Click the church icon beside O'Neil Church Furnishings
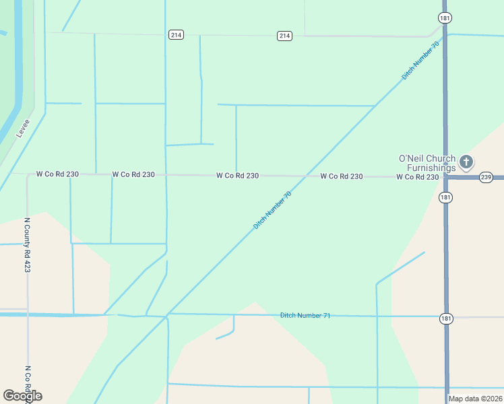tap(466, 162)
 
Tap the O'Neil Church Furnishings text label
tap(427, 163)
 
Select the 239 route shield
tap(486, 177)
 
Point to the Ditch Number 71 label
tap(305, 315)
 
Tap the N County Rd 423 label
tap(28, 244)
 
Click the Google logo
tap(22, 395)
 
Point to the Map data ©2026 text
tap(475, 399)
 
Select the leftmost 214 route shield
tap(175, 35)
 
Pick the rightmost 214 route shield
tap(284, 36)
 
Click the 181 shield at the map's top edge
tap(444, 17)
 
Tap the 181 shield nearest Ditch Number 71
tap(445, 318)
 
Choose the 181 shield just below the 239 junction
tap(445, 197)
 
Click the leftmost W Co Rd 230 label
tap(57, 174)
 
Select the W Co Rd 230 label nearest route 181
tap(418, 176)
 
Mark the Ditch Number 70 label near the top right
tap(420, 61)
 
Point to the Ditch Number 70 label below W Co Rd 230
tap(272, 210)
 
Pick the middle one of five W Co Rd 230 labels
tap(237, 175)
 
